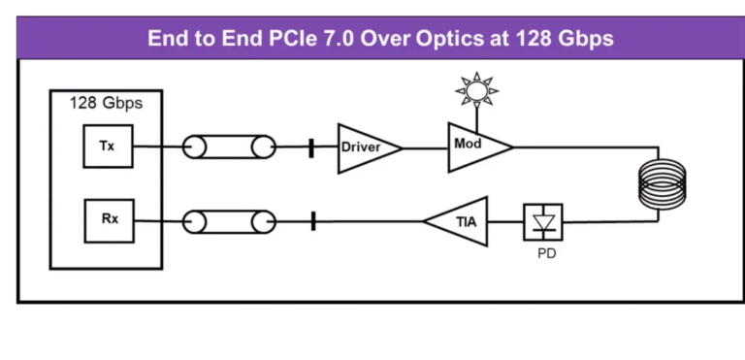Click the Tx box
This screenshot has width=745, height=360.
pyautogui.click(x=107, y=147)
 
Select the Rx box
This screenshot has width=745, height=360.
pyautogui.click(x=110, y=219)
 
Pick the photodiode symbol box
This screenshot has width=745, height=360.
pyautogui.click(x=542, y=221)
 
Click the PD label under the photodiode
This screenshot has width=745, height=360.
pyautogui.click(x=546, y=254)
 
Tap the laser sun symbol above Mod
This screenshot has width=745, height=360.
pyautogui.click(x=476, y=92)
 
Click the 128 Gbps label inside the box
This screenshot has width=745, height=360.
pyautogui.click(x=106, y=103)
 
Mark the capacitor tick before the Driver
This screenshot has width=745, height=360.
pyautogui.click(x=311, y=147)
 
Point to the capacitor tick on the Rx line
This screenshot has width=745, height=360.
pyautogui.click(x=314, y=221)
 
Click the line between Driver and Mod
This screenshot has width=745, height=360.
pyautogui.click(x=424, y=147)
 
